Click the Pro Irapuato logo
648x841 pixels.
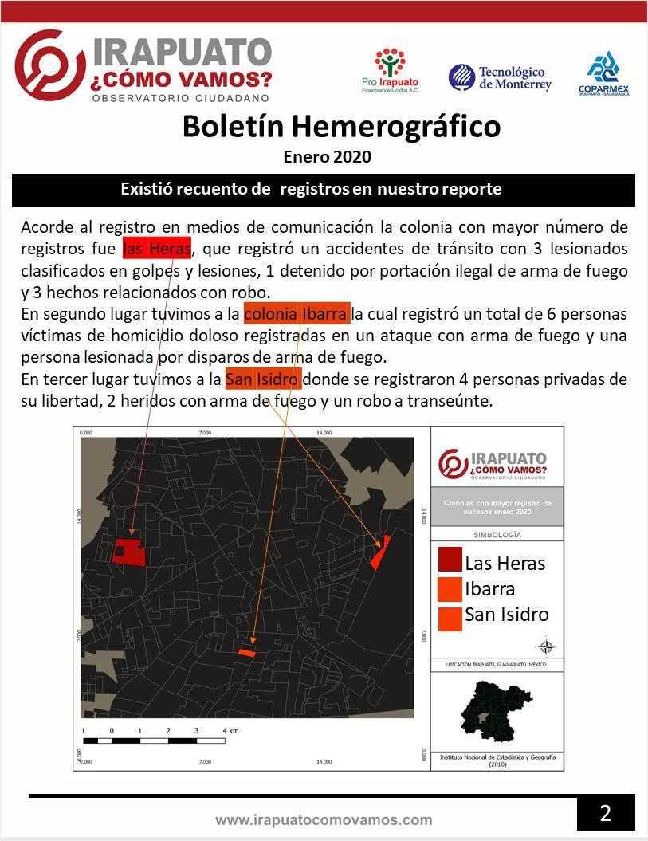pos(390,71)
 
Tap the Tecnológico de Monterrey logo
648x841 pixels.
pos(500,77)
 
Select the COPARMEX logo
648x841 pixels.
pos(603,73)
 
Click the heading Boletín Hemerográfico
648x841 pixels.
pos(341,127)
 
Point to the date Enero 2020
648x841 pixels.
pos(327,157)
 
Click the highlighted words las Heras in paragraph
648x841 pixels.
pos(157,248)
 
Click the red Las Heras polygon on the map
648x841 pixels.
pos(128,552)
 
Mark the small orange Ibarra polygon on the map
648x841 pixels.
pos(248,652)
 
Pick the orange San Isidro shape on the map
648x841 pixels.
pos(379,552)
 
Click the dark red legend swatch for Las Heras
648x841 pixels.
pos(450,561)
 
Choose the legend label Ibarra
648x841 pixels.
pos(489,589)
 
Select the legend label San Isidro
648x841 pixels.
pos(506,615)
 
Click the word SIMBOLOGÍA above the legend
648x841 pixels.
pos(497,535)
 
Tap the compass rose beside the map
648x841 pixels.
pos(548,646)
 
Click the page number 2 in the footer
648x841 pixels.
pos(605,813)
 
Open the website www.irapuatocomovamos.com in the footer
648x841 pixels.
pos(324,819)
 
